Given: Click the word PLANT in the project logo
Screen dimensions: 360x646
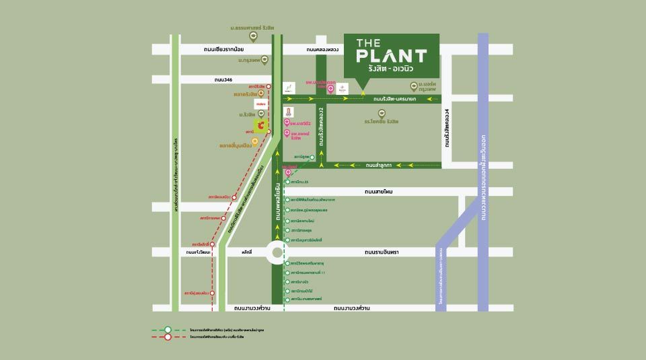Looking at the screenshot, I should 391,57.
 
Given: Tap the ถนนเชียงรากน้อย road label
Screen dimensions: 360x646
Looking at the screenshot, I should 223,49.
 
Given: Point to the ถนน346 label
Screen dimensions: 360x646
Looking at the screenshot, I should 223,79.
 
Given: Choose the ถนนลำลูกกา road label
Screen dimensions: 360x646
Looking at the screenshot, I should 380,164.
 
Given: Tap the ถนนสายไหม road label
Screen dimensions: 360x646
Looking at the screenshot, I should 378,192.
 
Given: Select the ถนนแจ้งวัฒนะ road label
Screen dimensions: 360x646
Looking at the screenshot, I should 200,252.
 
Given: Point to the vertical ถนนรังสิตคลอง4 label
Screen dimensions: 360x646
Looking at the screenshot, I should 446,128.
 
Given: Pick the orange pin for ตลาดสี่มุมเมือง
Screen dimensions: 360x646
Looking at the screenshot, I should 255,141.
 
